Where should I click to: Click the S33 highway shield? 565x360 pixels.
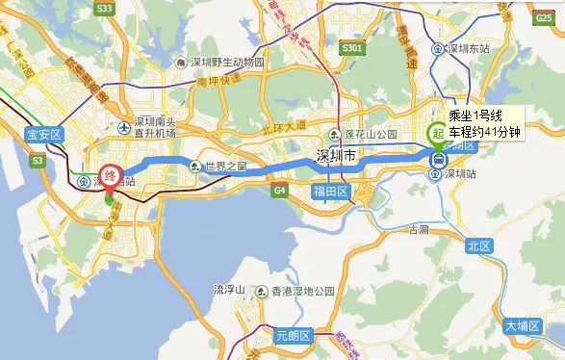click(x=105, y=9)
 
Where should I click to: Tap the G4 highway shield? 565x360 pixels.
click(x=280, y=191)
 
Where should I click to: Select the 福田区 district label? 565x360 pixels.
click(x=329, y=192)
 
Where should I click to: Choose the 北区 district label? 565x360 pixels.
click(x=478, y=246)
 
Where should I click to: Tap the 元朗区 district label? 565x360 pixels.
click(x=294, y=336)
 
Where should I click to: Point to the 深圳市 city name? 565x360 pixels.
click(x=337, y=156)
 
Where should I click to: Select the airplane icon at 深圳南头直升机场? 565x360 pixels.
click(x=123, y=127)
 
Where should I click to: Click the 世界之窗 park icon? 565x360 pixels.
click(x=197, y=166)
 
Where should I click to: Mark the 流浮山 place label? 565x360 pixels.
click(x=230, y=289)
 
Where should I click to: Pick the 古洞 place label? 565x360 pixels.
click(x=418, y=230)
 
